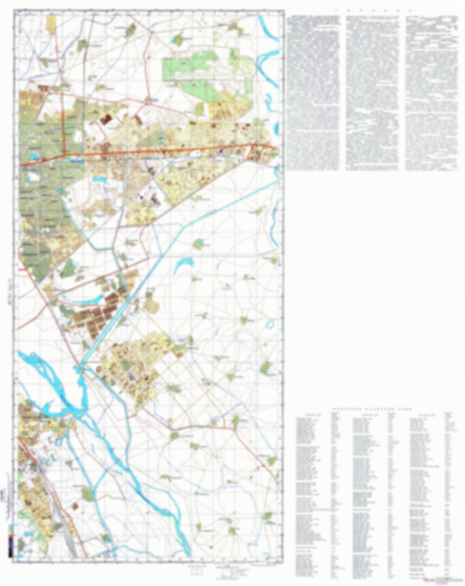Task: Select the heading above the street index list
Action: pos(372,409)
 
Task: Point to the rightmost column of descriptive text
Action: pos(431,93)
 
